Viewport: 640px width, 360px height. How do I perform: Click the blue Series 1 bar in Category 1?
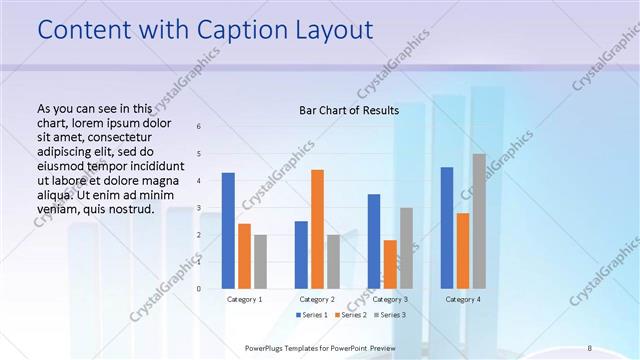pyautogui.click(x=228, y=231)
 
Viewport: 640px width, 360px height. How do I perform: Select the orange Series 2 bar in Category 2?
pyautogui.click(x=317, y=229)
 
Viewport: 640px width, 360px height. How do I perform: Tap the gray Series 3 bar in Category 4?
pyautogui.click(x=479, y=221)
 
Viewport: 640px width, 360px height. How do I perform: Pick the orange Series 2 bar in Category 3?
pyautogui.click(x=390, y=264)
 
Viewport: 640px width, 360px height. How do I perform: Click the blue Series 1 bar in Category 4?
pyautogui.click(x=447, y=228)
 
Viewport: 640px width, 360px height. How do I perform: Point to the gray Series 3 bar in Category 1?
pyautogui.click(x=260, y=262)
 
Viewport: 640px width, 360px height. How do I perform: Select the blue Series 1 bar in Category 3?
pyautogui.click(x=374, y=241)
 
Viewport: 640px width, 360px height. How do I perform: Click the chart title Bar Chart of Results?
pyautogui.click(x=349, y=110)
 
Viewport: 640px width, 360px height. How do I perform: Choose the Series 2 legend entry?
pyautogui.click(x=349, y=315)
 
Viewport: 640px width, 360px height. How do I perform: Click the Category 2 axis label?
pyautogui.click(x=317, y=299)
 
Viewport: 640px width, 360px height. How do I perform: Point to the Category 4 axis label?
pyautogui.click(x=462, y=299)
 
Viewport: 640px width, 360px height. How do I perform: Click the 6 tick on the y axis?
pyautogui.click(x=199, y=126)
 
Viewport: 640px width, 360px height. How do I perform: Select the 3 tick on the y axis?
pyautogui.click(x=199, y=207)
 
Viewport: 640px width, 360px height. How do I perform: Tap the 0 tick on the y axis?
pyautogui.click(x=199, y=288)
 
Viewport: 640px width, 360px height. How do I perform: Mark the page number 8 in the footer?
pyautogui.click(x=589, y=348)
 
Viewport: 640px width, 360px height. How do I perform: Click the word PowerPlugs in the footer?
pyautogui.click(x=265, y=348)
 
